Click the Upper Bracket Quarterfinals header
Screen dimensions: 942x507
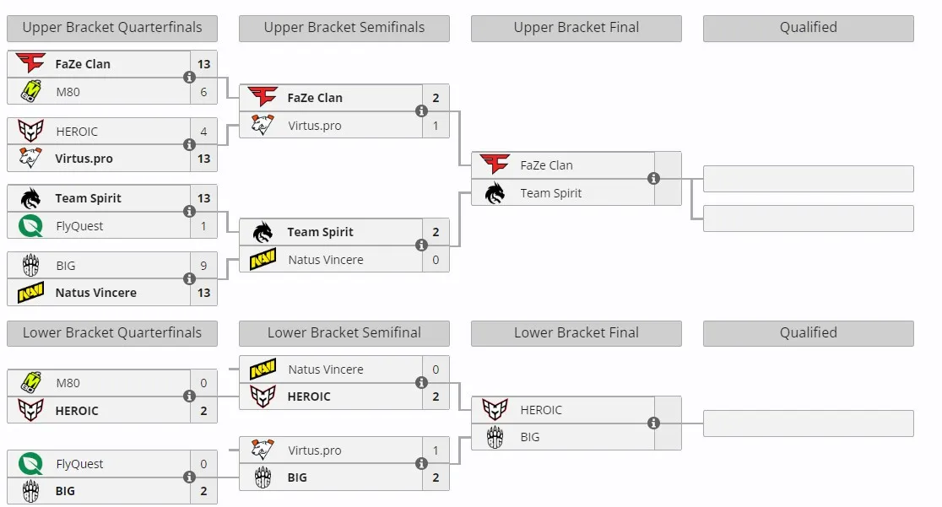(x=112, y=28)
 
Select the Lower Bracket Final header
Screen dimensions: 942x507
(x=577, y=332)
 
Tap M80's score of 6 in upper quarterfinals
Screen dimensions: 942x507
(x=203, y=92)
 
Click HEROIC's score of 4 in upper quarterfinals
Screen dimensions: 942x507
(x=203, y=132)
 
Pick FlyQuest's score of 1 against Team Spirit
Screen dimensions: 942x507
(x=203, y=226)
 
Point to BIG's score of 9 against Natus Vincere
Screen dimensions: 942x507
(x=203, y=266)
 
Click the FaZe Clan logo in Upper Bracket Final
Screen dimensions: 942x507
(x=495, y=164)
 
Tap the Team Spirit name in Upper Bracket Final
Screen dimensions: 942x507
(x=551, y=193)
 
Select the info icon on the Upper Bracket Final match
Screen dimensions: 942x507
(x=653, y=178)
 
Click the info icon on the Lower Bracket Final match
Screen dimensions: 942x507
(x=653, y=423)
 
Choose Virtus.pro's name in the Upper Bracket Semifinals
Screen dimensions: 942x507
(x=315, y=127)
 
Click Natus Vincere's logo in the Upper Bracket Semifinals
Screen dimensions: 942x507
(x=263, y=259)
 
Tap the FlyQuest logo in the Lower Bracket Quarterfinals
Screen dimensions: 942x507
(x=30, y=463)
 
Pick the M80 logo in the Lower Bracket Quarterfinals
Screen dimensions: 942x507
(x=31, y=382)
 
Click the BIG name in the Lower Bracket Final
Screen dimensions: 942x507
(x=530, y=437)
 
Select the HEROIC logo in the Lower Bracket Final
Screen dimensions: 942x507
(x=495, y=410)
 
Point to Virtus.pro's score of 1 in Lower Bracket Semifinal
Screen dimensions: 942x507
(x=436, y=450)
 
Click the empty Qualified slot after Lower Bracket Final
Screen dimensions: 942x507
(x=809, y=423)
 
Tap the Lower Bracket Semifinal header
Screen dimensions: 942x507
(x=344, y=332)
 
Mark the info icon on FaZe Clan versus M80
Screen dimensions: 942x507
(x=189, y=78)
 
